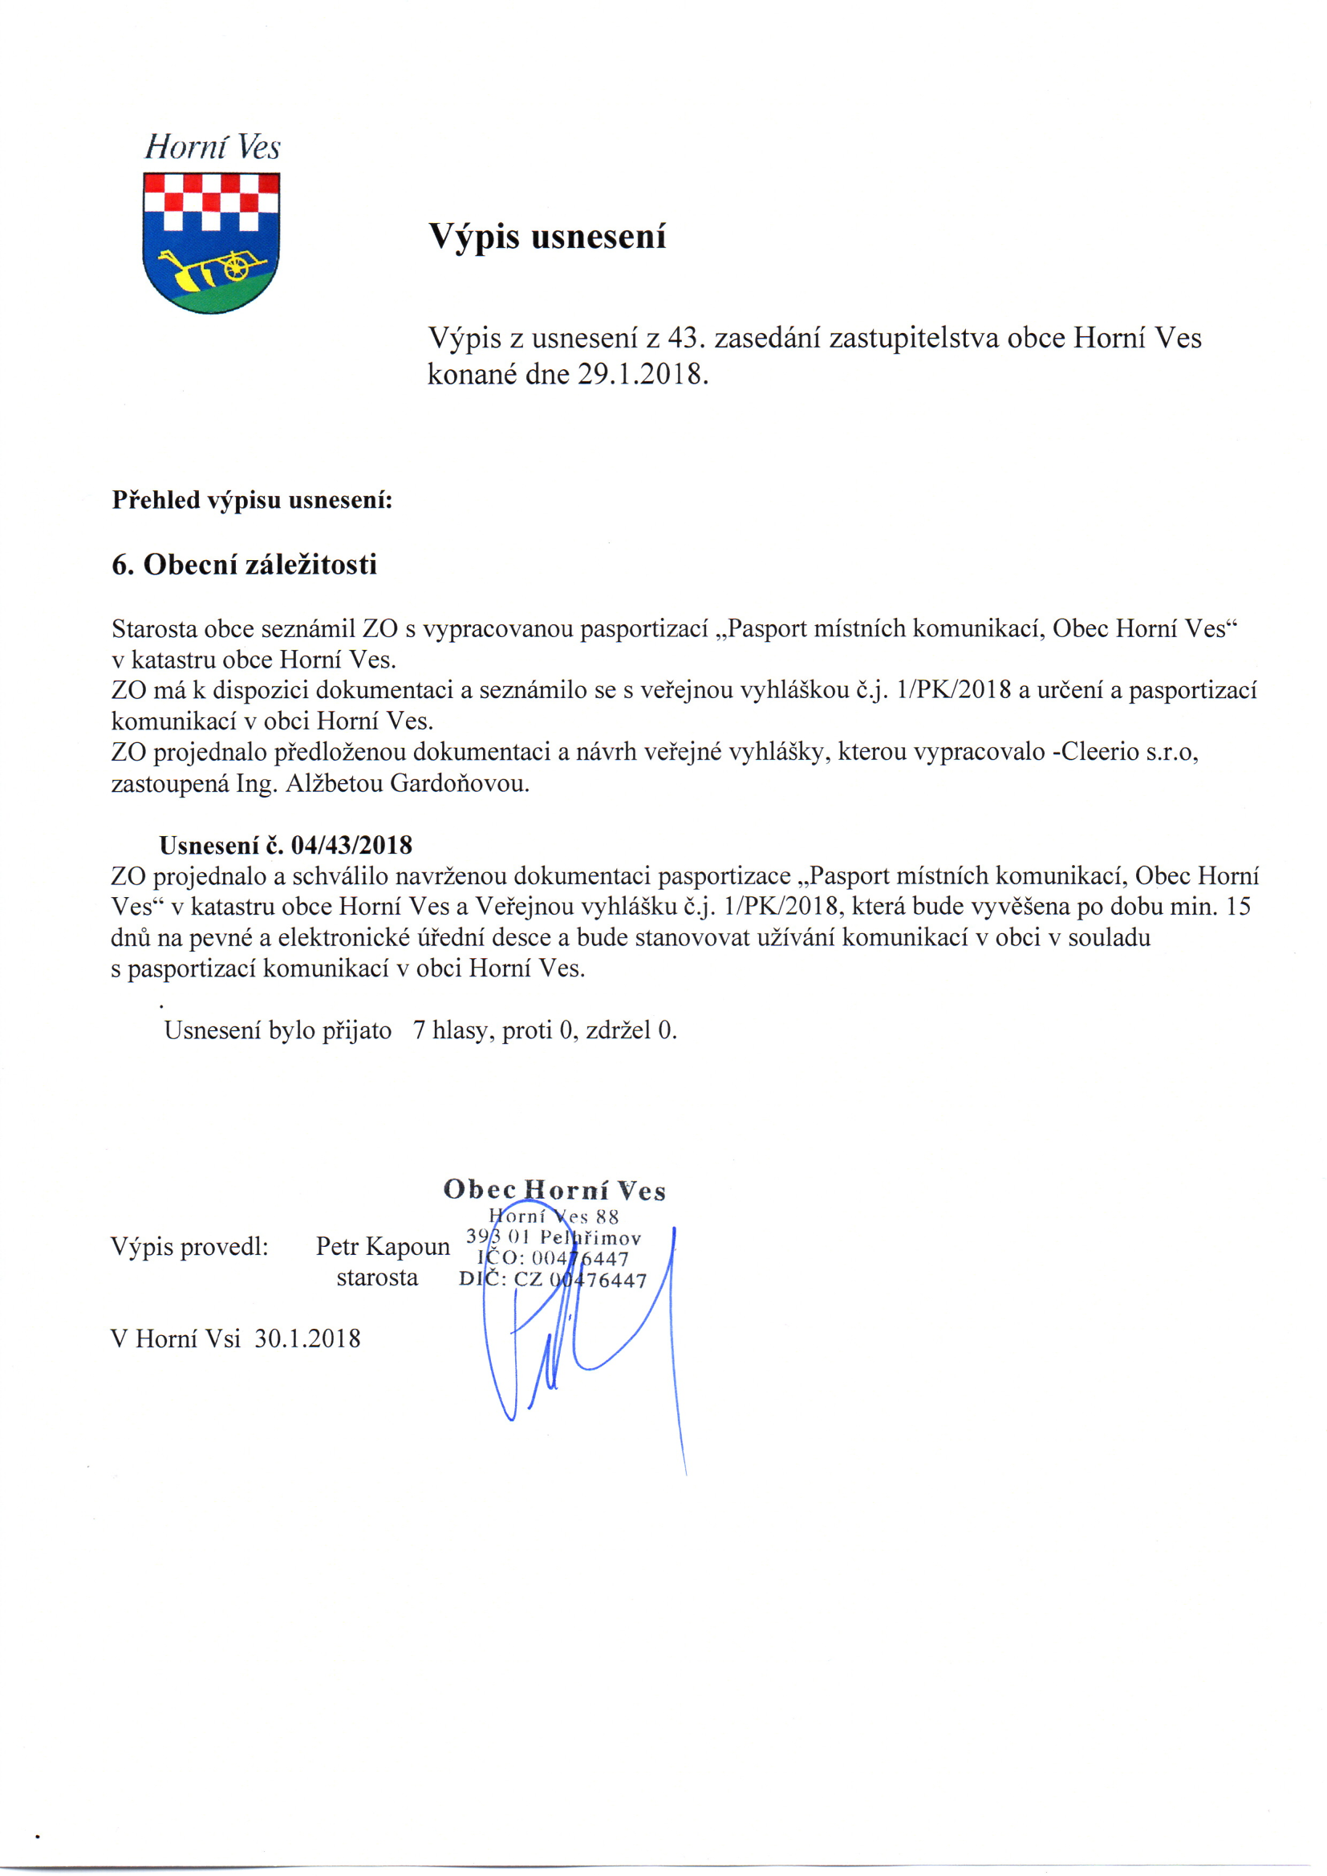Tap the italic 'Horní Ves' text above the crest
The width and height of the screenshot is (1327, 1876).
(x=213, y=148)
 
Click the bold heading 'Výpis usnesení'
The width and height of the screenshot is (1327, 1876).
(x=547, y=237)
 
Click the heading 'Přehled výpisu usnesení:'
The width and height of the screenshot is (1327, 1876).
(x=253, y=500)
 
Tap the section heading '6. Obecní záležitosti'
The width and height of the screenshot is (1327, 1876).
(x=245, y=565)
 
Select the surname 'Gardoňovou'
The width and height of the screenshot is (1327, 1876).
(x=459, y=784)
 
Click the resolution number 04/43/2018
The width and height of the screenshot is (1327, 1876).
(x=351, y=845)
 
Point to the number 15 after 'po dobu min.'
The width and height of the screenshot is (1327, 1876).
(x=1239, y=907)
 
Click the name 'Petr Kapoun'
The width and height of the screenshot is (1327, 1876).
(x=383, y=1247)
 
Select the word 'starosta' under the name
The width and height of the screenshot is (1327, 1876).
(x=378, y=1278)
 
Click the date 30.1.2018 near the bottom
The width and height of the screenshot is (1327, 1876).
(x=307, y=1338)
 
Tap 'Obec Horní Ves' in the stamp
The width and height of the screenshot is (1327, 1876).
(x=554, y=1191)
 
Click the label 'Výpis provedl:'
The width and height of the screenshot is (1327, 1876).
(x=189, y=1247)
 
